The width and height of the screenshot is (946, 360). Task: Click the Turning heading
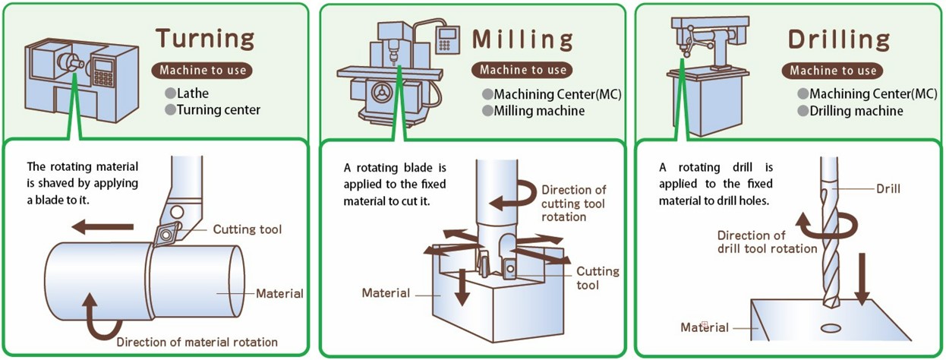205,39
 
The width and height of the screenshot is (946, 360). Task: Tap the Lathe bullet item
194,93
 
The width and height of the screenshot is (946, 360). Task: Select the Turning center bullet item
217,110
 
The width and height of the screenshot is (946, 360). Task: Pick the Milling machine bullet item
538,111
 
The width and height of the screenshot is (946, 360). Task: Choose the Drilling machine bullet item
856,111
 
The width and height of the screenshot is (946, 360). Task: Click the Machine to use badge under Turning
203,70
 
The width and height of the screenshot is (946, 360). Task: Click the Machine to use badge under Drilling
833,71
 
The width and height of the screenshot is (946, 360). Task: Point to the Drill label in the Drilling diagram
888,188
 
